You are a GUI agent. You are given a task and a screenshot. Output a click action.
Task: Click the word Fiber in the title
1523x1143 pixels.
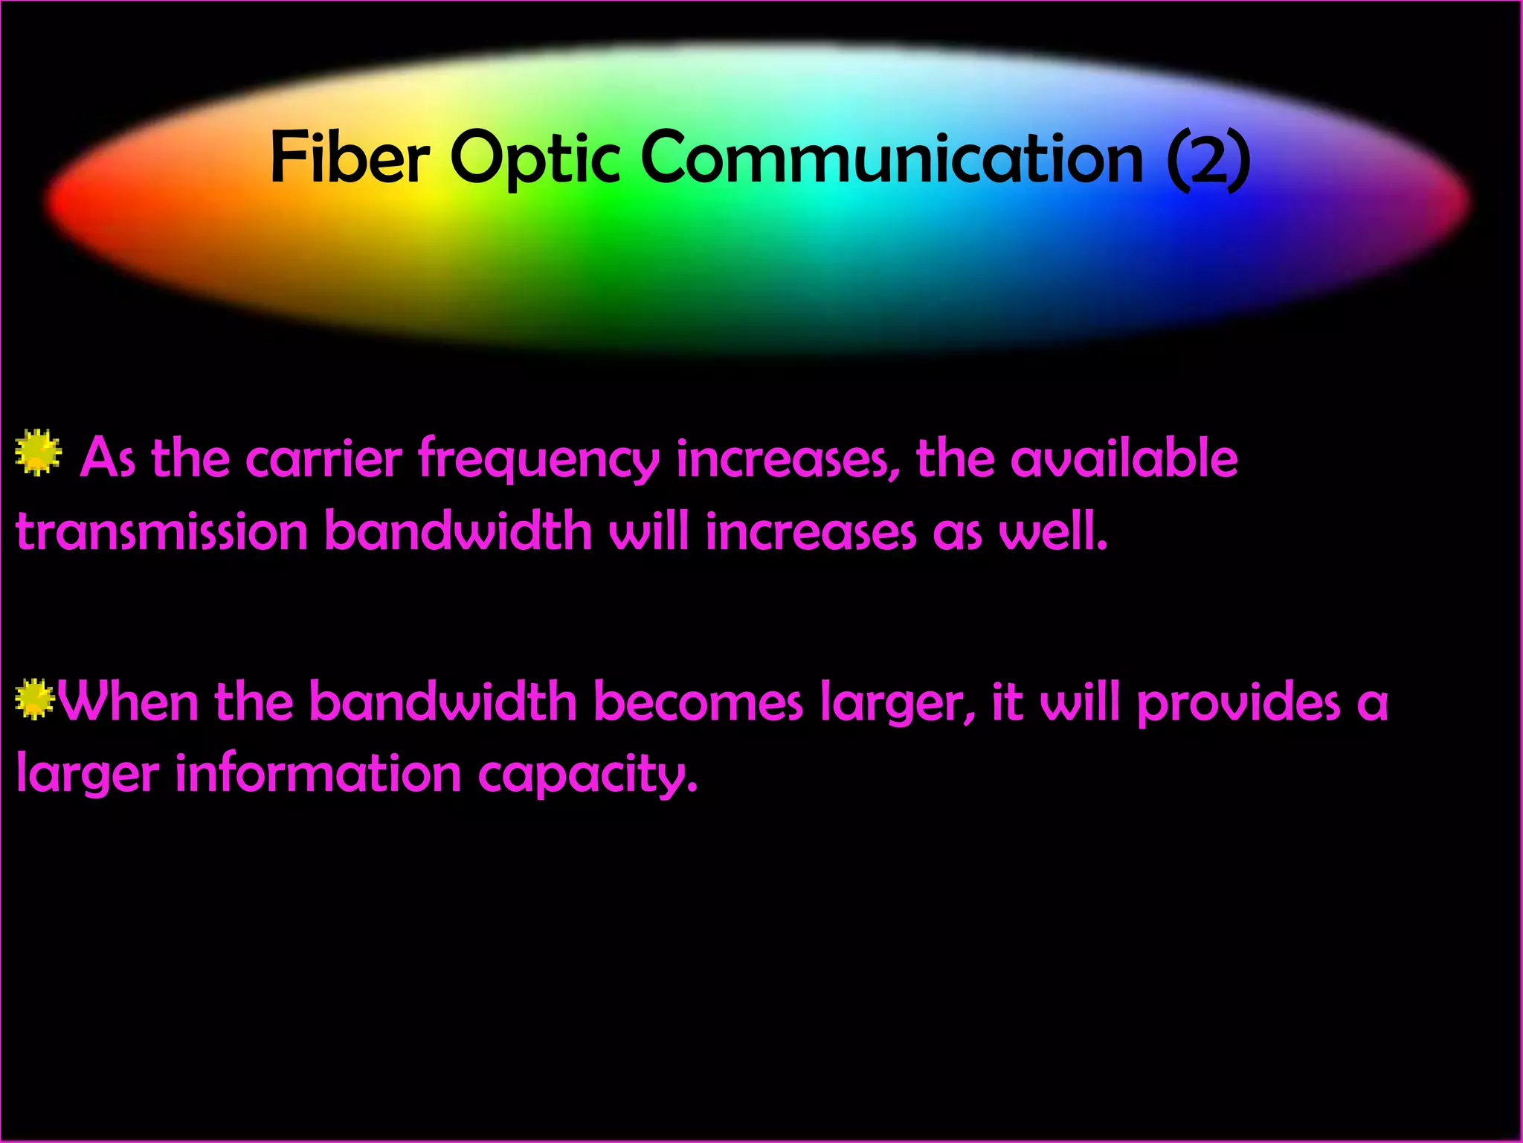point(350,158)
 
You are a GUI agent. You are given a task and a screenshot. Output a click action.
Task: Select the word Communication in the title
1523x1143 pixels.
point(891,158)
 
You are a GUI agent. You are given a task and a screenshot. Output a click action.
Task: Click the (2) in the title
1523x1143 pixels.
point(1208,158)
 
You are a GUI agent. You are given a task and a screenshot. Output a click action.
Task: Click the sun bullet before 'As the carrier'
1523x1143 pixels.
point(38,452)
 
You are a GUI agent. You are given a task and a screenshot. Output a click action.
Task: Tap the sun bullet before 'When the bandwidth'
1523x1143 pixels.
point(34,699)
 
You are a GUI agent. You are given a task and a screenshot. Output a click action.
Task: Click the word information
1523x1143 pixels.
point(318,774)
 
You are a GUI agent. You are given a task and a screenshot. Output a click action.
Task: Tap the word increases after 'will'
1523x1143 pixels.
point(810,533)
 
